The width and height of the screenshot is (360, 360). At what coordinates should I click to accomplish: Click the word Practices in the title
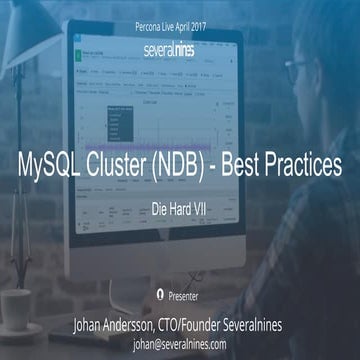point(311,164)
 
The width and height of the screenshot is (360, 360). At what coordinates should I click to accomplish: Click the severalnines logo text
point(179,46)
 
